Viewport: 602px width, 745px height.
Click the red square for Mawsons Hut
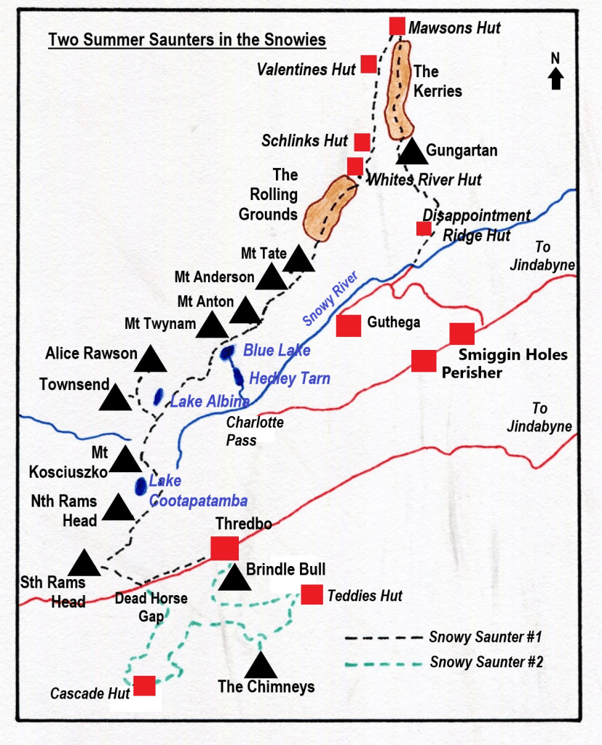397,26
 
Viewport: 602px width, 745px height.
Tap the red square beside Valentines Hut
368,64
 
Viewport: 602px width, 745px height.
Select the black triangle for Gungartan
412,153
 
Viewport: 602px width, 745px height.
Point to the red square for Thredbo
224,548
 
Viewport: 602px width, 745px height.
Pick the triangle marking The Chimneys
261,666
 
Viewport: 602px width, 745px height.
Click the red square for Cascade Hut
144,686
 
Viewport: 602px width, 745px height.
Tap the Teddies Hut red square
312,594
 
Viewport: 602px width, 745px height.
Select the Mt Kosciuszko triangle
124,461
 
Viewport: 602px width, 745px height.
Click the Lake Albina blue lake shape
158,397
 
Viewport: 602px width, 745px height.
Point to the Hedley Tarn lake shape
239,377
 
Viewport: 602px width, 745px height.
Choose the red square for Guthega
349,326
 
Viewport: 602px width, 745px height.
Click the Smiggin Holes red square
462,333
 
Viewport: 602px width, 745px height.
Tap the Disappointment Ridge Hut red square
424,228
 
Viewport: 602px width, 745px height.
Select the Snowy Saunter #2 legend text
486,662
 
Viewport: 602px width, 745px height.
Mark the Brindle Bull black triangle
234,579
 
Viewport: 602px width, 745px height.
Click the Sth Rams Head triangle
84,563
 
